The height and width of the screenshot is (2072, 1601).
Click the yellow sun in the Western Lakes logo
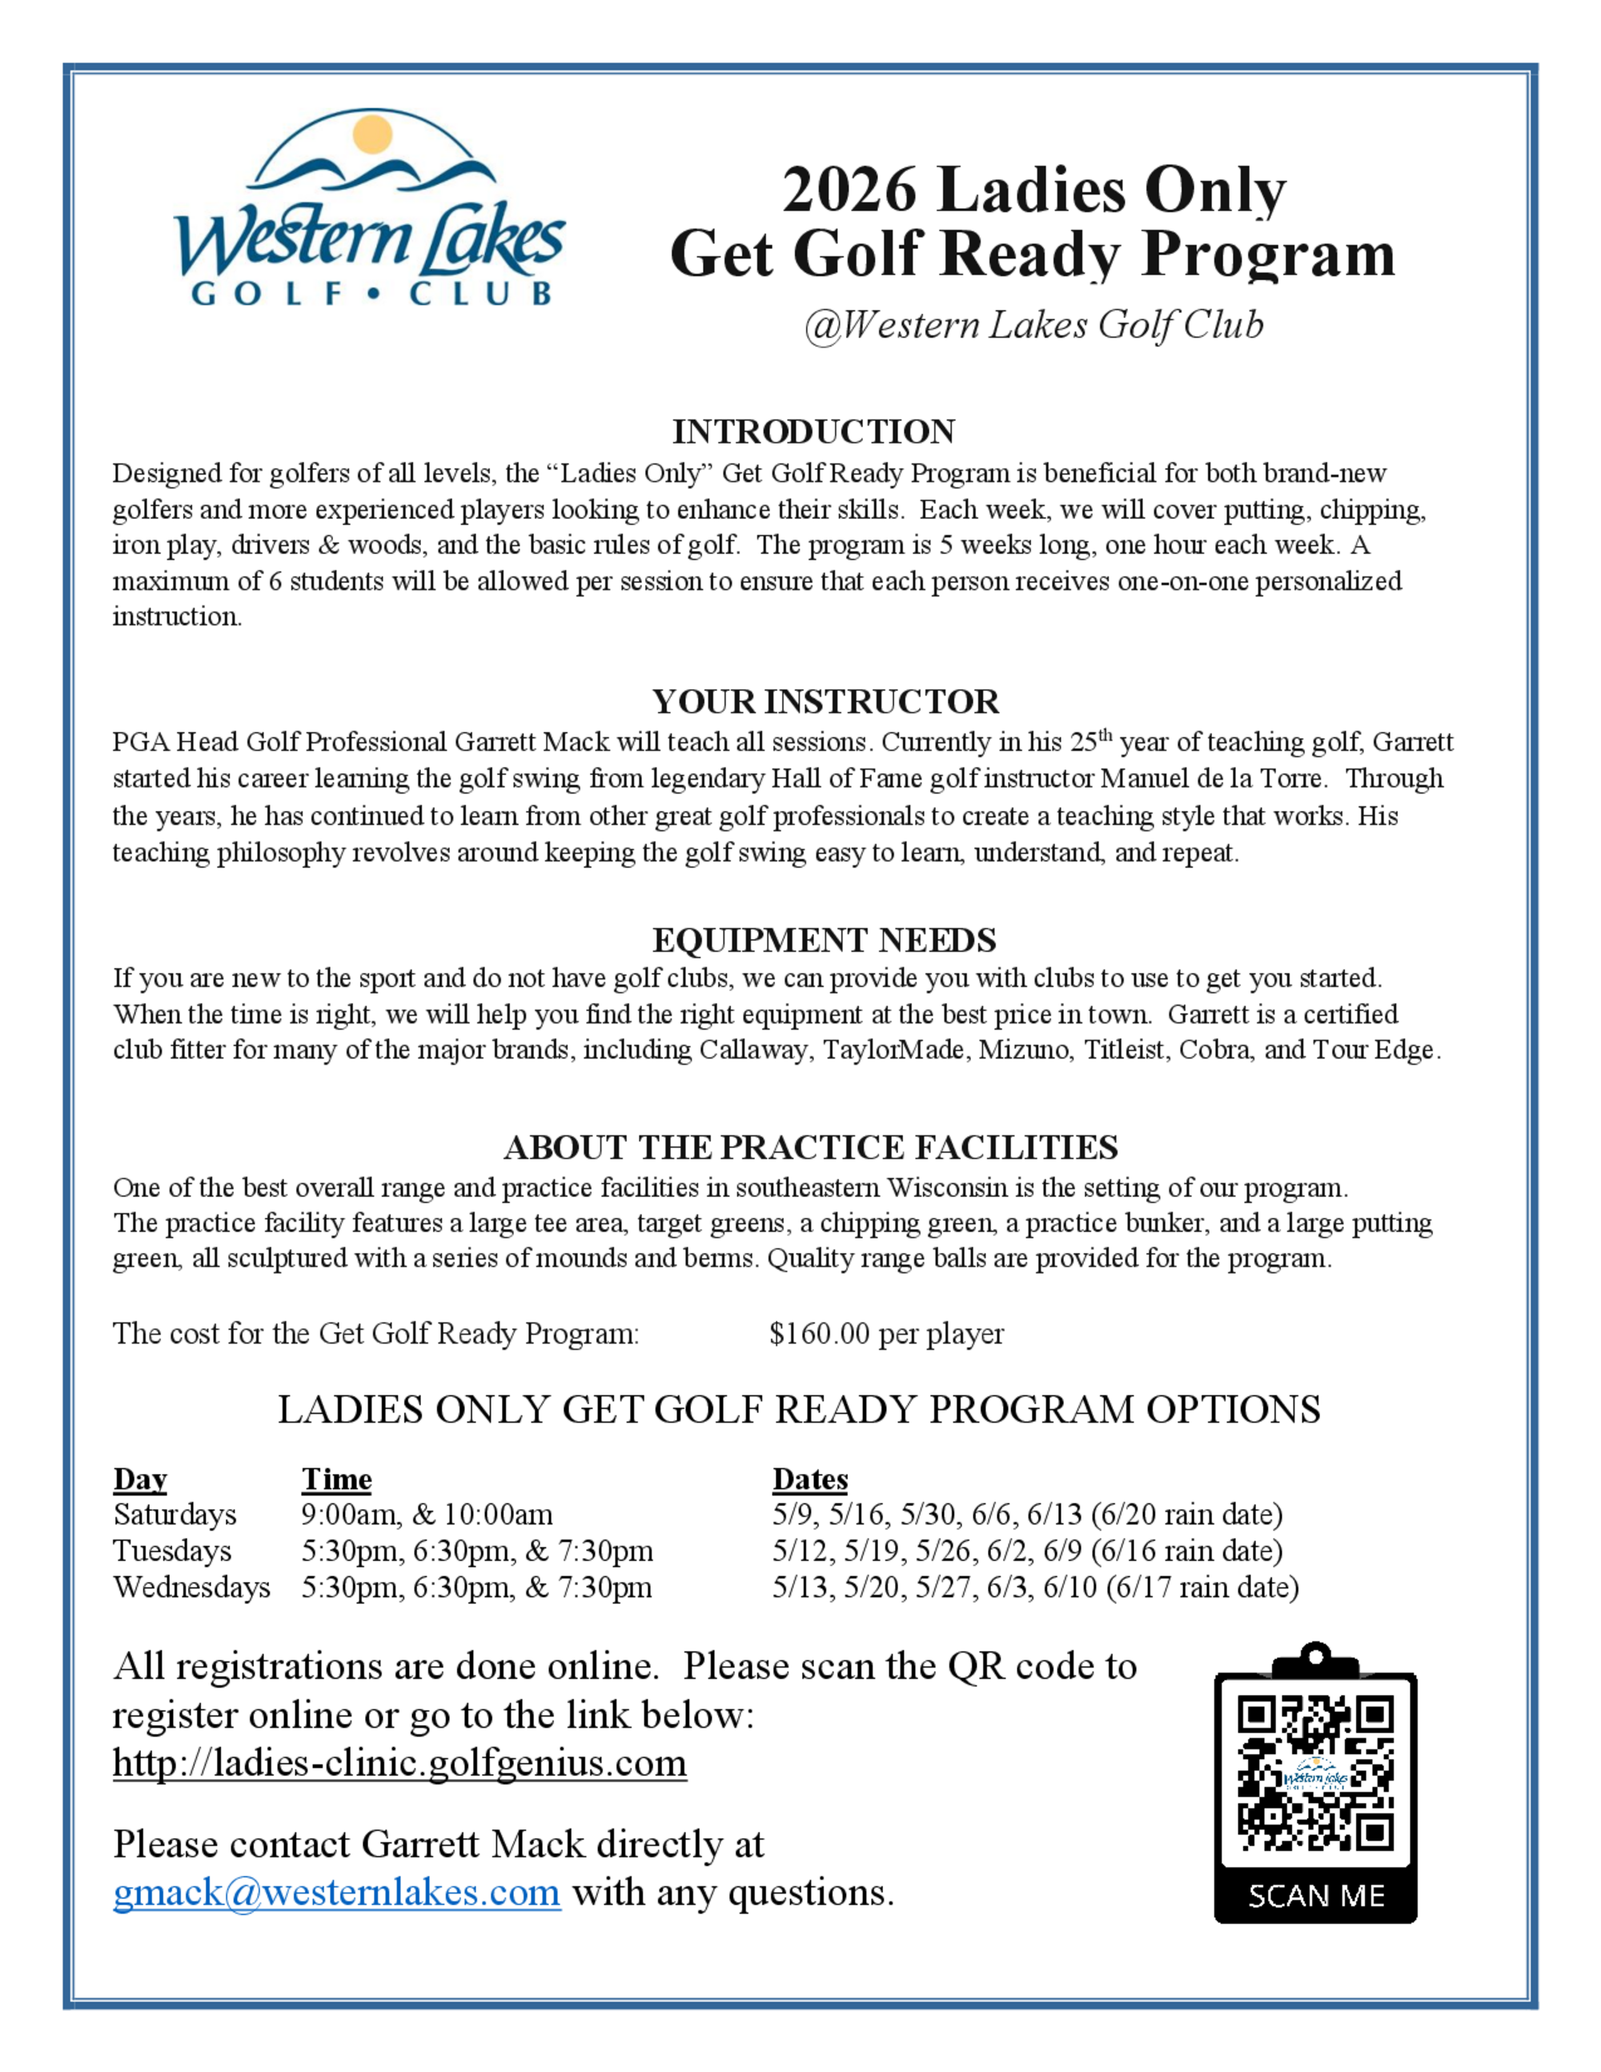pos(371,134)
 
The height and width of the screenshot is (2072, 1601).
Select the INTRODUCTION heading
pos(813,432)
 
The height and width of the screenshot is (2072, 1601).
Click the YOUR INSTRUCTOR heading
pos(825,701)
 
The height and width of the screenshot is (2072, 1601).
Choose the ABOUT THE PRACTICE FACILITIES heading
pos(811,1147)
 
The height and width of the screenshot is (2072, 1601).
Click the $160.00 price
pos(820,1333)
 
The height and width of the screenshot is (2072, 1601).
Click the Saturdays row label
pos(175,1514)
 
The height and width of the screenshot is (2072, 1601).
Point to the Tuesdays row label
pos(171,1550)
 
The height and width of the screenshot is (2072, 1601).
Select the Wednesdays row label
pos(191,1586)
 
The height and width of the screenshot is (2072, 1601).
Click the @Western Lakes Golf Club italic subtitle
pos(1033,324)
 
